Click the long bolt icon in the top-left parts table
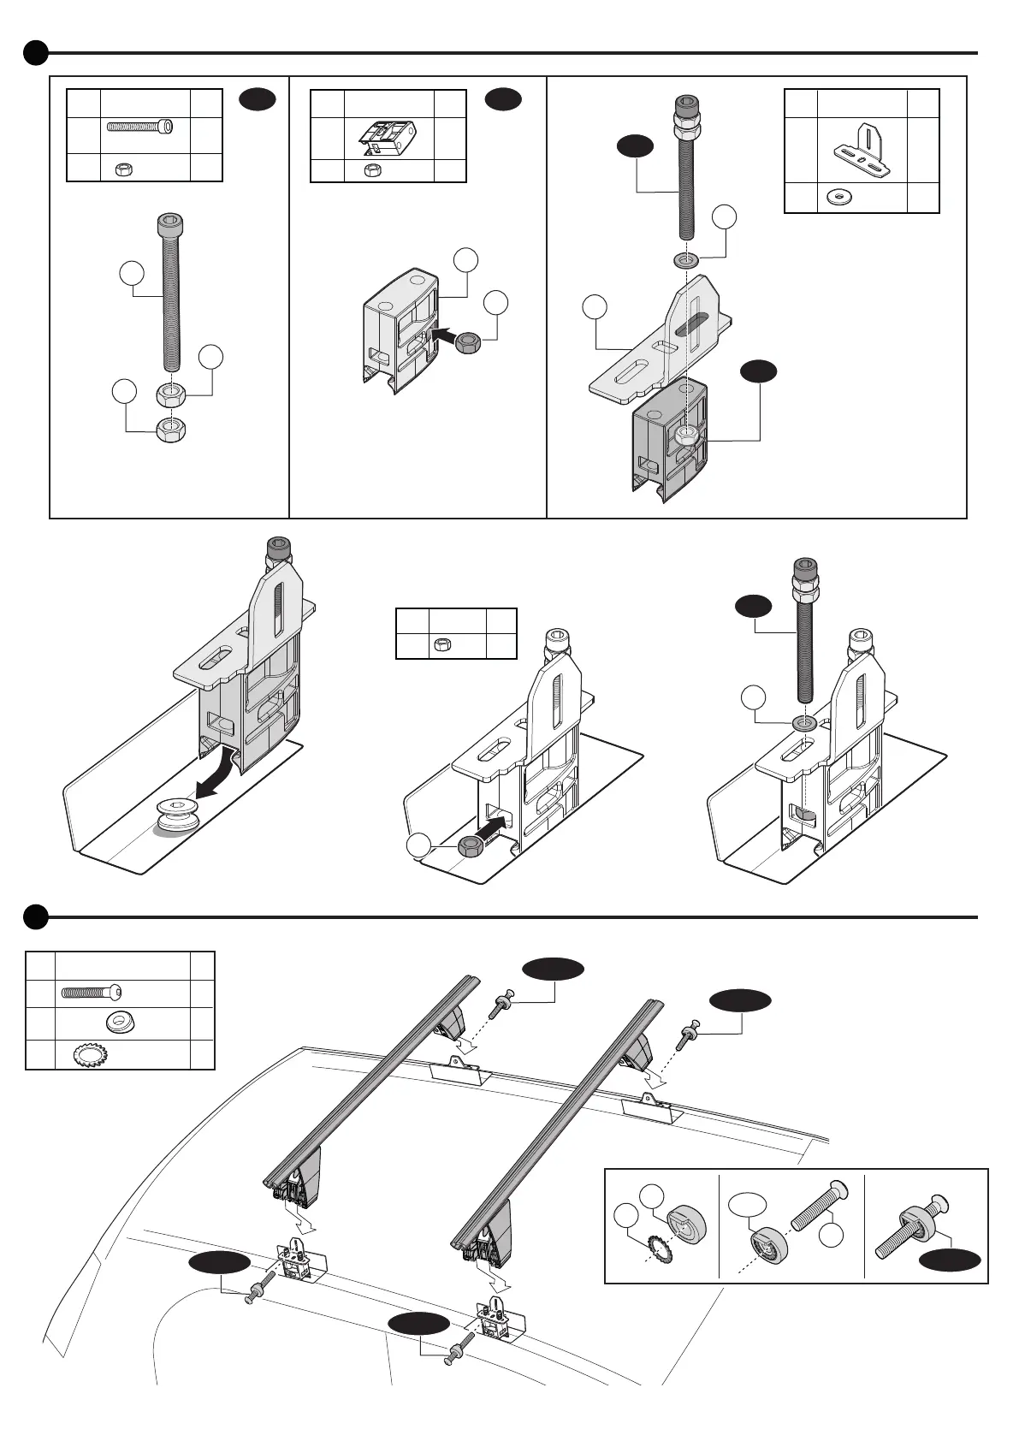(139, 127)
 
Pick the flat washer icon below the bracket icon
(838, 198)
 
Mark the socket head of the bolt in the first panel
(170, 228)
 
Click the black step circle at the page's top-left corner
(35, 53)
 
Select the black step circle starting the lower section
(35, 917)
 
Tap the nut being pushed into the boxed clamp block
(468, 342)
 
